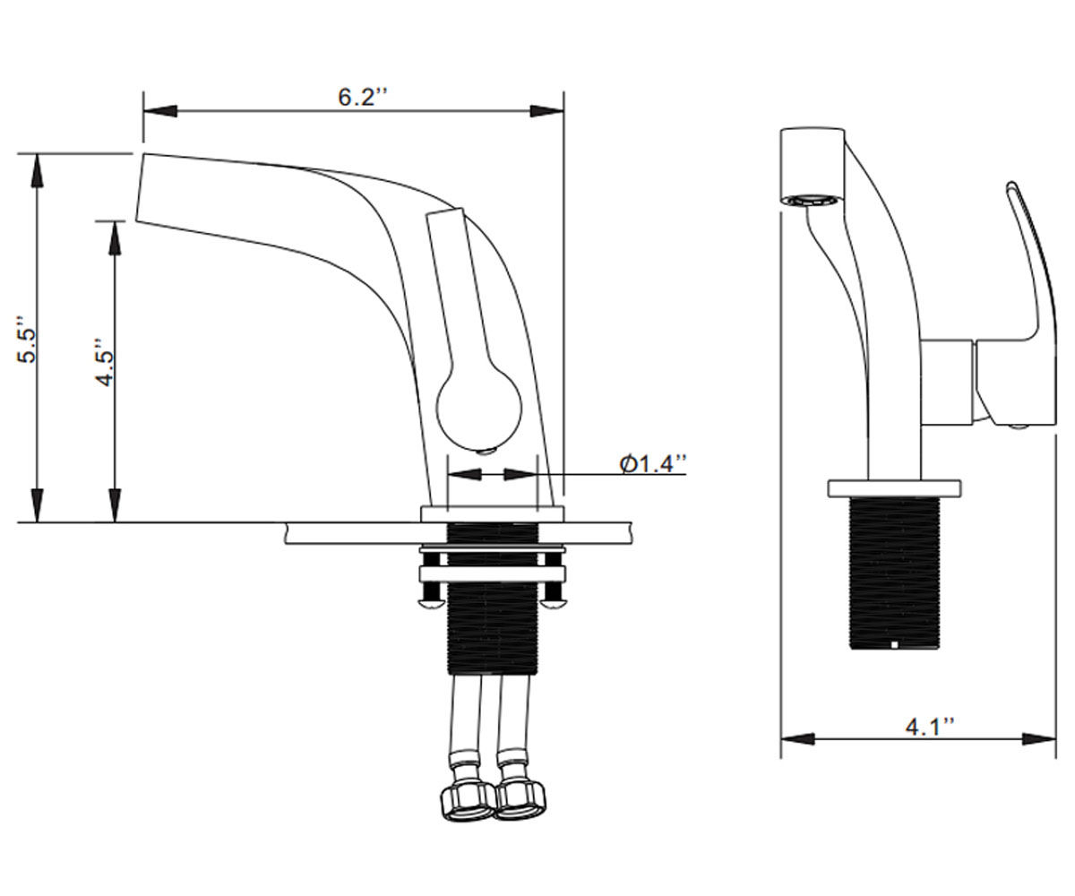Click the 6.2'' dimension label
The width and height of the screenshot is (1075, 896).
362,97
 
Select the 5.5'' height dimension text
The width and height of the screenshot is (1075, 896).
27,340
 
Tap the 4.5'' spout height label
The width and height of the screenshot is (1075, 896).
105,362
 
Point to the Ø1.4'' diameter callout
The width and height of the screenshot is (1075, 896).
653,464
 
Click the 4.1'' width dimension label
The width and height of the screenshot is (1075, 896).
929,727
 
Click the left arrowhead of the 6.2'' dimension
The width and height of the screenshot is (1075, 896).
160,111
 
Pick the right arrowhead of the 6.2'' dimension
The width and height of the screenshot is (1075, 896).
546,111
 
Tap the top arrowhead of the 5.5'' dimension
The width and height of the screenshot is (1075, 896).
37,170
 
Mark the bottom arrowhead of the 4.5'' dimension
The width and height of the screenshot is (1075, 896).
115,505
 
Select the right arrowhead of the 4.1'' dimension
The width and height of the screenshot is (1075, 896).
1038,739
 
